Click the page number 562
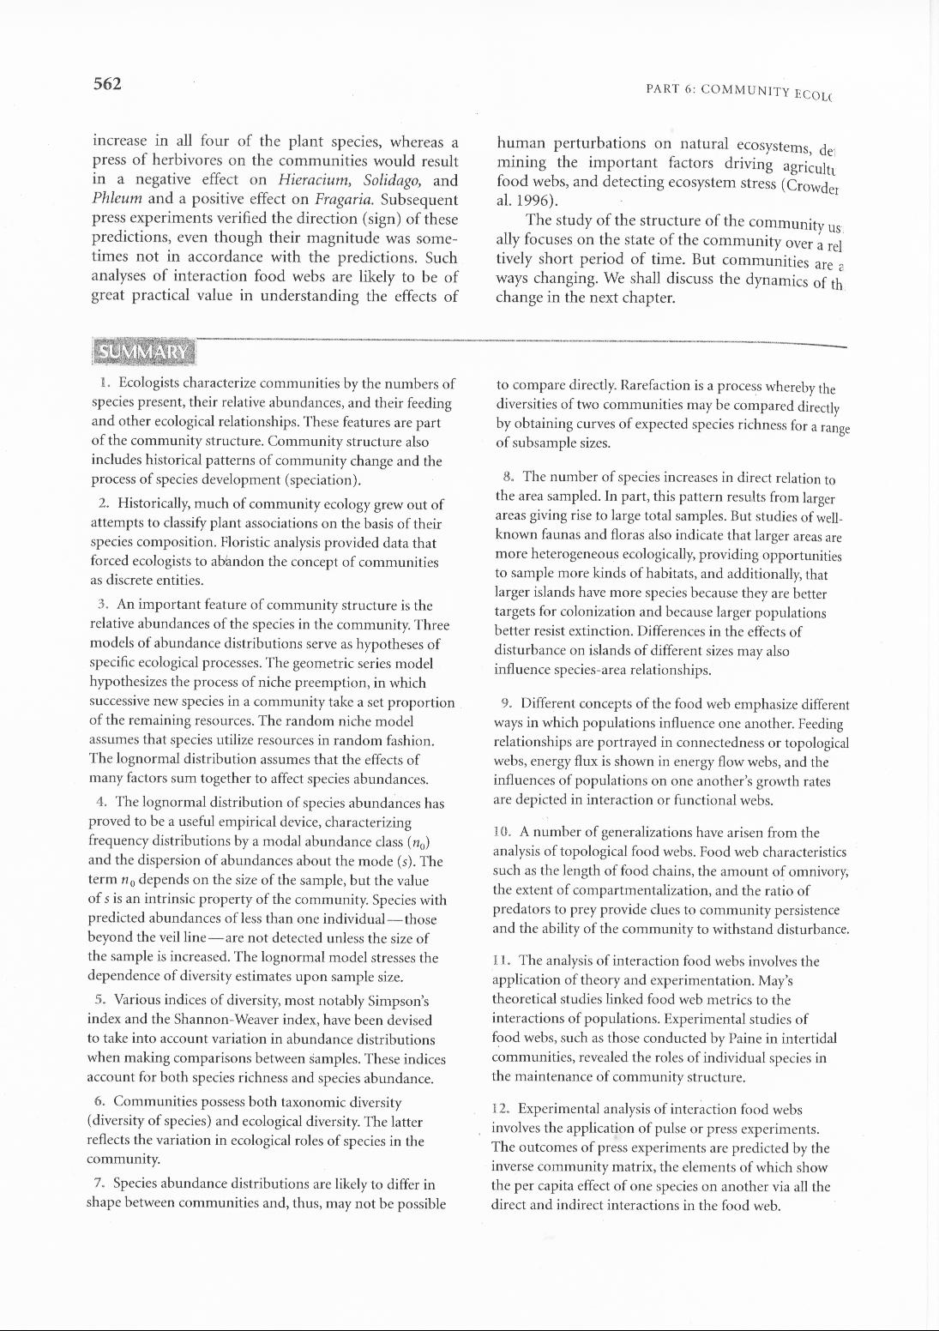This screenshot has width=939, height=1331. coord(107,84)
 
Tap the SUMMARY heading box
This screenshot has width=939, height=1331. coord(143,352)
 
